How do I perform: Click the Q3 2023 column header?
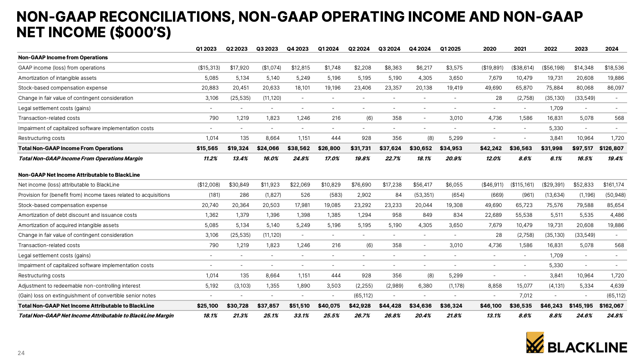click(267, 49)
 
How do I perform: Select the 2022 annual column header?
click(550, 49)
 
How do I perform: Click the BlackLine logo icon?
click(535, 342)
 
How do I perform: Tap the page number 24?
click(21, 353)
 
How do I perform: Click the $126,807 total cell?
click(612, 148)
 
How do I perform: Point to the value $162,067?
click(612, 306)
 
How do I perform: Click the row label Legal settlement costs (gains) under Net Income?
click(54, 255)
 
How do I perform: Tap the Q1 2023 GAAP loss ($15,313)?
click(209, 68)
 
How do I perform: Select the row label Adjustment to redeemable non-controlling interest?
click(79, 286)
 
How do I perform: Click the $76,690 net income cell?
click(361, 185)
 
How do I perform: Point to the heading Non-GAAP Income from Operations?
click(63, 58)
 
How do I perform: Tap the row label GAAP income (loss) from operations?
click(62, 68)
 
